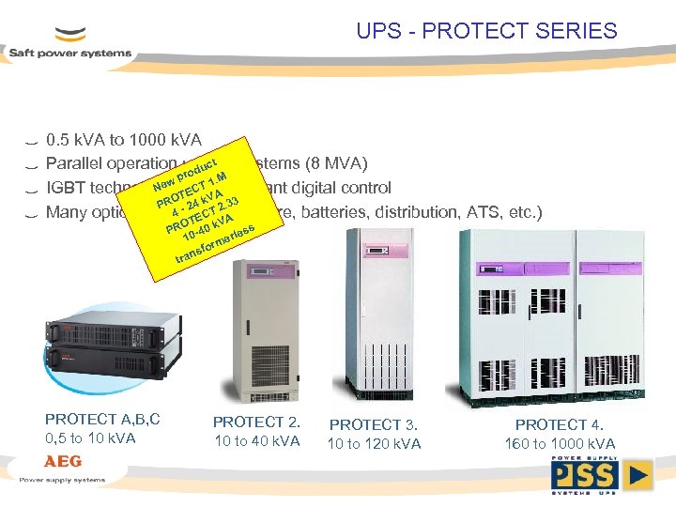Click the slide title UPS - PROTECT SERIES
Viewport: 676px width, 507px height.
coord(486,31)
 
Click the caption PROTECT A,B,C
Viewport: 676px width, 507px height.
coord(102,419)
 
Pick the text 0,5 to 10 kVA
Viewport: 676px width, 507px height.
coord(90,438)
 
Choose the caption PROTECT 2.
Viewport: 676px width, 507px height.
coord(256,422)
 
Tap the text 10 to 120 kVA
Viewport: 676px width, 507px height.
coord(374,443)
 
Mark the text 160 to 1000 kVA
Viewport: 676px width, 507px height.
coord(560,443)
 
